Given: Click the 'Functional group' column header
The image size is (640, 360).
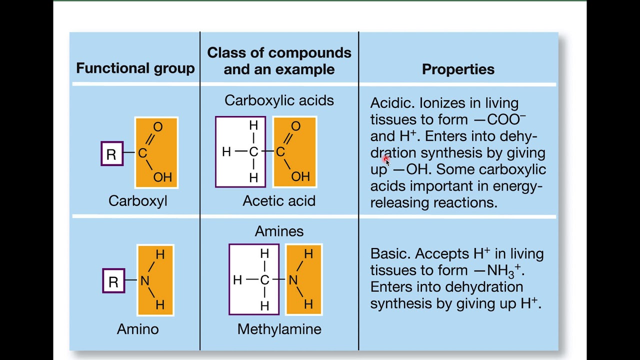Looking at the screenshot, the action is coord(135,68).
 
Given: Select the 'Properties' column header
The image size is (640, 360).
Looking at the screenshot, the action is coord(458,69).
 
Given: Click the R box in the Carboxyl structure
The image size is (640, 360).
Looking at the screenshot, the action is coord(112,153).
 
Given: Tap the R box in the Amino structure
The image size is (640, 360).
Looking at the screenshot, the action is coord(113,281).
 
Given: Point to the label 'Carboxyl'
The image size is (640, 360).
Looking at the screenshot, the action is coord(137,201).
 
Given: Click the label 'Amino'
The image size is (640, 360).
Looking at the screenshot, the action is coord(137,329).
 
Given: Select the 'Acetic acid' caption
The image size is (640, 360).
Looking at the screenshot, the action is coord(279,200).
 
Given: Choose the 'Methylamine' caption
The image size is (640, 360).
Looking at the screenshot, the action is coord(279,329).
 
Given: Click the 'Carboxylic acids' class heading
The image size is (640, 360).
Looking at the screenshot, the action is coord(279,100).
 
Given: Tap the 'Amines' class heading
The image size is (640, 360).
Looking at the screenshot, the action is coord(279,231).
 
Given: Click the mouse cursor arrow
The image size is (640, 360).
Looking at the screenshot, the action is coord(387,162).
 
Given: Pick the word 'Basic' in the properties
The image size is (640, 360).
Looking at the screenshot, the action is coord(390,253).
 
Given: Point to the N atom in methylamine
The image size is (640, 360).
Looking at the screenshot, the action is coord(293,280).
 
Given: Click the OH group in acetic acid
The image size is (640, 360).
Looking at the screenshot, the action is coord(300,176).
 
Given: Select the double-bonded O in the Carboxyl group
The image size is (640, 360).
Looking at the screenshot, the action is coord(158,127).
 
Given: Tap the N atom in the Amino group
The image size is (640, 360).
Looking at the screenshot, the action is coord(144,281).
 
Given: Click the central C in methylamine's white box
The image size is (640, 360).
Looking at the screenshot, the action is coord(264,280).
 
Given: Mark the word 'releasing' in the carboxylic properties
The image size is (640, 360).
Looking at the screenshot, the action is coord(400,203).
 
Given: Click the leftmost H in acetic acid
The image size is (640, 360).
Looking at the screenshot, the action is coord(226,152).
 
